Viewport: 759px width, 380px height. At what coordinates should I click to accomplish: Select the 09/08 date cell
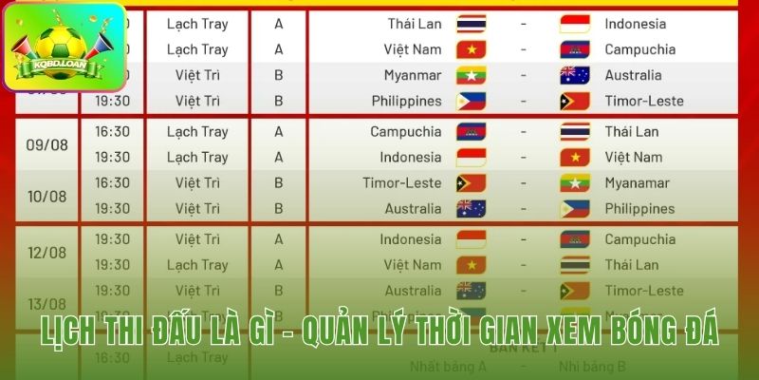[46, 144]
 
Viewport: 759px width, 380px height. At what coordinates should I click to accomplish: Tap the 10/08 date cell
[46, 196]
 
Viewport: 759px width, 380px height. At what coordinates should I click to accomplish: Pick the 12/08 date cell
[46, 253]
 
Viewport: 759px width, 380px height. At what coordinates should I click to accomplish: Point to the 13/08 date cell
[46, 303]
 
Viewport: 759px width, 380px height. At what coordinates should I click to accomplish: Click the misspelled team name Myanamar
[637, 183]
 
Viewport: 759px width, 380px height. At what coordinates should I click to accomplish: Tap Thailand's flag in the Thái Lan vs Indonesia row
[472, 24]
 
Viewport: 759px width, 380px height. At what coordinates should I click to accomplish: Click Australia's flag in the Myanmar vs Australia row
[575, 75]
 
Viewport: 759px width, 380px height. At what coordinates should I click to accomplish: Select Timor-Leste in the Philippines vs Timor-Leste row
[643, 101]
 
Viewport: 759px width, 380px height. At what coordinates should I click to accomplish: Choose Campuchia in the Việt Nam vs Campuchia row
[639, 49]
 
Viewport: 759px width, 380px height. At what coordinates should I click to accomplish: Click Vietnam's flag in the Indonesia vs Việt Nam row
[575, 157]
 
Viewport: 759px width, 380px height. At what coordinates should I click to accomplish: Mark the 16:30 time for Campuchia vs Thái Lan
[112, 131]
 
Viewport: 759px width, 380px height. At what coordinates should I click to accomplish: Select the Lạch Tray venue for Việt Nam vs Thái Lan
[197, 265]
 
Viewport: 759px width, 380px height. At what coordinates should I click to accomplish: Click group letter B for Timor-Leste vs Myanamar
[279, 182]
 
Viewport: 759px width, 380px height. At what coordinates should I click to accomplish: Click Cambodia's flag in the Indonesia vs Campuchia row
[575, 239]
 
